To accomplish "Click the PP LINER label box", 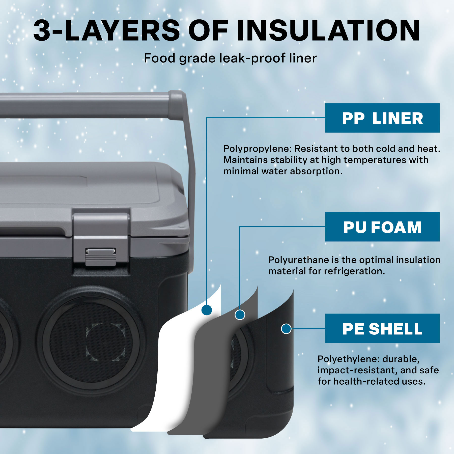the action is (382, 118).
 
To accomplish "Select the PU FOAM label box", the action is (382, 227).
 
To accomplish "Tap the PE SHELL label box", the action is (382, 328).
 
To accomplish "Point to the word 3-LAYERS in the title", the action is (106, 31).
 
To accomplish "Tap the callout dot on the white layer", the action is (207, 310).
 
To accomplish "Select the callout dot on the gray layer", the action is (240, 315).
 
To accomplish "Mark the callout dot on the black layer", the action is (286, 329).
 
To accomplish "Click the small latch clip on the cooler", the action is (101, 257).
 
